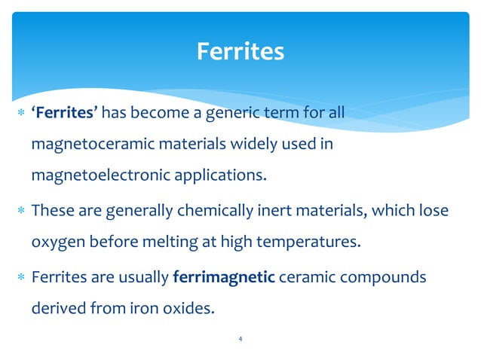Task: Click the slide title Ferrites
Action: pyautogui.click(x=240, y=51)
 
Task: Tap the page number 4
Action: pyautogui.click(x=240, y=340)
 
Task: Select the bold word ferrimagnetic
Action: pyautogui.click(x=224, y=277)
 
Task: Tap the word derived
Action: pyautogui.click(x=57, y=309)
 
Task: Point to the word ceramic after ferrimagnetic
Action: pyautogui.click(x=303, y=277)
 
